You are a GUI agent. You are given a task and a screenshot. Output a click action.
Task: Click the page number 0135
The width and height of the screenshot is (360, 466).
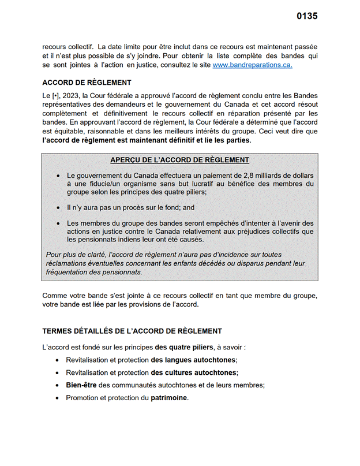307,16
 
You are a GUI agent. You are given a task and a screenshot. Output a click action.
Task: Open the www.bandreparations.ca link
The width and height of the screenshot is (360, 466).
252,66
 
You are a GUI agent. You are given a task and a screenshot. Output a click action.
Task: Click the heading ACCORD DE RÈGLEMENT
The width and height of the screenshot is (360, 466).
87,83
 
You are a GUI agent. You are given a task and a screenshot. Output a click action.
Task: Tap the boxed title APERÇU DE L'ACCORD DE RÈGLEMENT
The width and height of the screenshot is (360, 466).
179,160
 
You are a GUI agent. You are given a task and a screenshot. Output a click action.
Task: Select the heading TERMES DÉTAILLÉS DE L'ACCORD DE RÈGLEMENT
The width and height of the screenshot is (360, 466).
132,331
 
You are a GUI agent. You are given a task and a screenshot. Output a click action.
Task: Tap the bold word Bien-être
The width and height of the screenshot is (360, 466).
81,385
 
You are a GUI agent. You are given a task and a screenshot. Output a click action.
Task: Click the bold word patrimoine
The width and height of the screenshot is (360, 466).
169,398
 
